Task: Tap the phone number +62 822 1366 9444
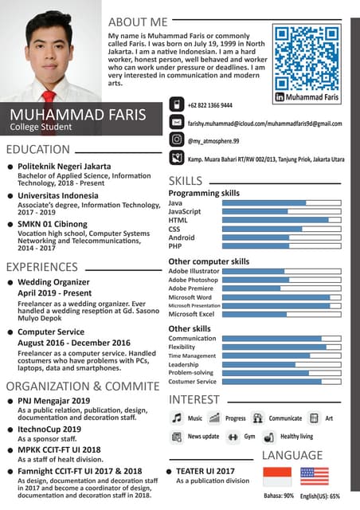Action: coord(210,105)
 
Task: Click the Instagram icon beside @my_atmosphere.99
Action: coord(177,139)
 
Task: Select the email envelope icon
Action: coord(177,123)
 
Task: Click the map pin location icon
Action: coord(177,159)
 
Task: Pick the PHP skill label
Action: coord(175,246)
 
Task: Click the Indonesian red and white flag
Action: coord(278,477)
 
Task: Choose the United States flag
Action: coord(315,477)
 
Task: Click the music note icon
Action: coord(177,418)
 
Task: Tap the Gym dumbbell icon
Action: coord(233,437)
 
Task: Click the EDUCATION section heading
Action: coord(38,149)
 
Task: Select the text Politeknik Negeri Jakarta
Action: coord(65,166)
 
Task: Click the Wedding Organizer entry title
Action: coord(53,282)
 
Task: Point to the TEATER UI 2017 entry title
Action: coord(205,471)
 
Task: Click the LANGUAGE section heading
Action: coord(292,455)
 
